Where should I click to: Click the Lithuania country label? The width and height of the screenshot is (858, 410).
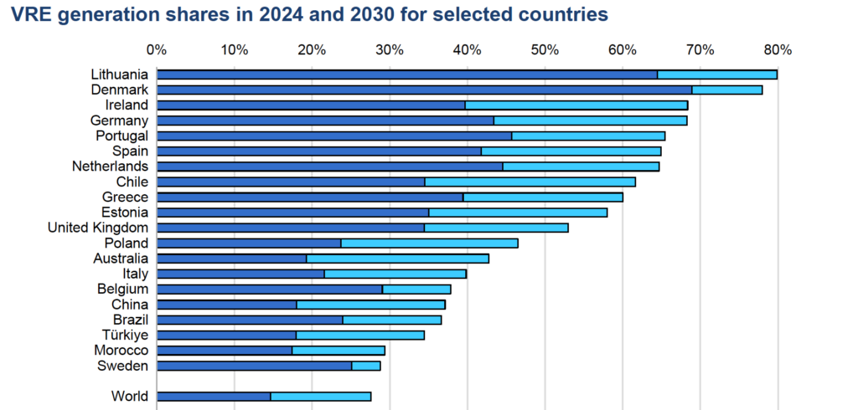[119, 74]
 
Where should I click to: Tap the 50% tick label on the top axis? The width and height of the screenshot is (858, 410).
[545, 50]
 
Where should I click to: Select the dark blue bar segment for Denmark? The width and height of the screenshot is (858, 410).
[424, 90]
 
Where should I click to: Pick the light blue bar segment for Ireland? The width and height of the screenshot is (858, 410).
[576, 105]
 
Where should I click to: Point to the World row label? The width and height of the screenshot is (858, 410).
[130, 397]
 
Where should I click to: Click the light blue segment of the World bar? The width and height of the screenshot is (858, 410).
[320, 397]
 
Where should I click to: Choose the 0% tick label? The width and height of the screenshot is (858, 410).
[157, 50]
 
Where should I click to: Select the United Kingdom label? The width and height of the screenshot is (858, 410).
[98, 228]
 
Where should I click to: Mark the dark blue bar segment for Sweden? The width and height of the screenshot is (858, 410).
[255, 366]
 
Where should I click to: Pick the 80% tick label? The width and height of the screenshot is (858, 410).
[778, 50]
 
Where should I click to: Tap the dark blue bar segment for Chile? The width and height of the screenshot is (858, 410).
[291, 182]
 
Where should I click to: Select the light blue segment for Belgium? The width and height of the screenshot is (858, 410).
[416, 290]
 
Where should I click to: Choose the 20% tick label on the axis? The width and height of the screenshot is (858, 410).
[312, 50]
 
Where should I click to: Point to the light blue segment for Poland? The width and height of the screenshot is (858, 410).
[429, 243]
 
